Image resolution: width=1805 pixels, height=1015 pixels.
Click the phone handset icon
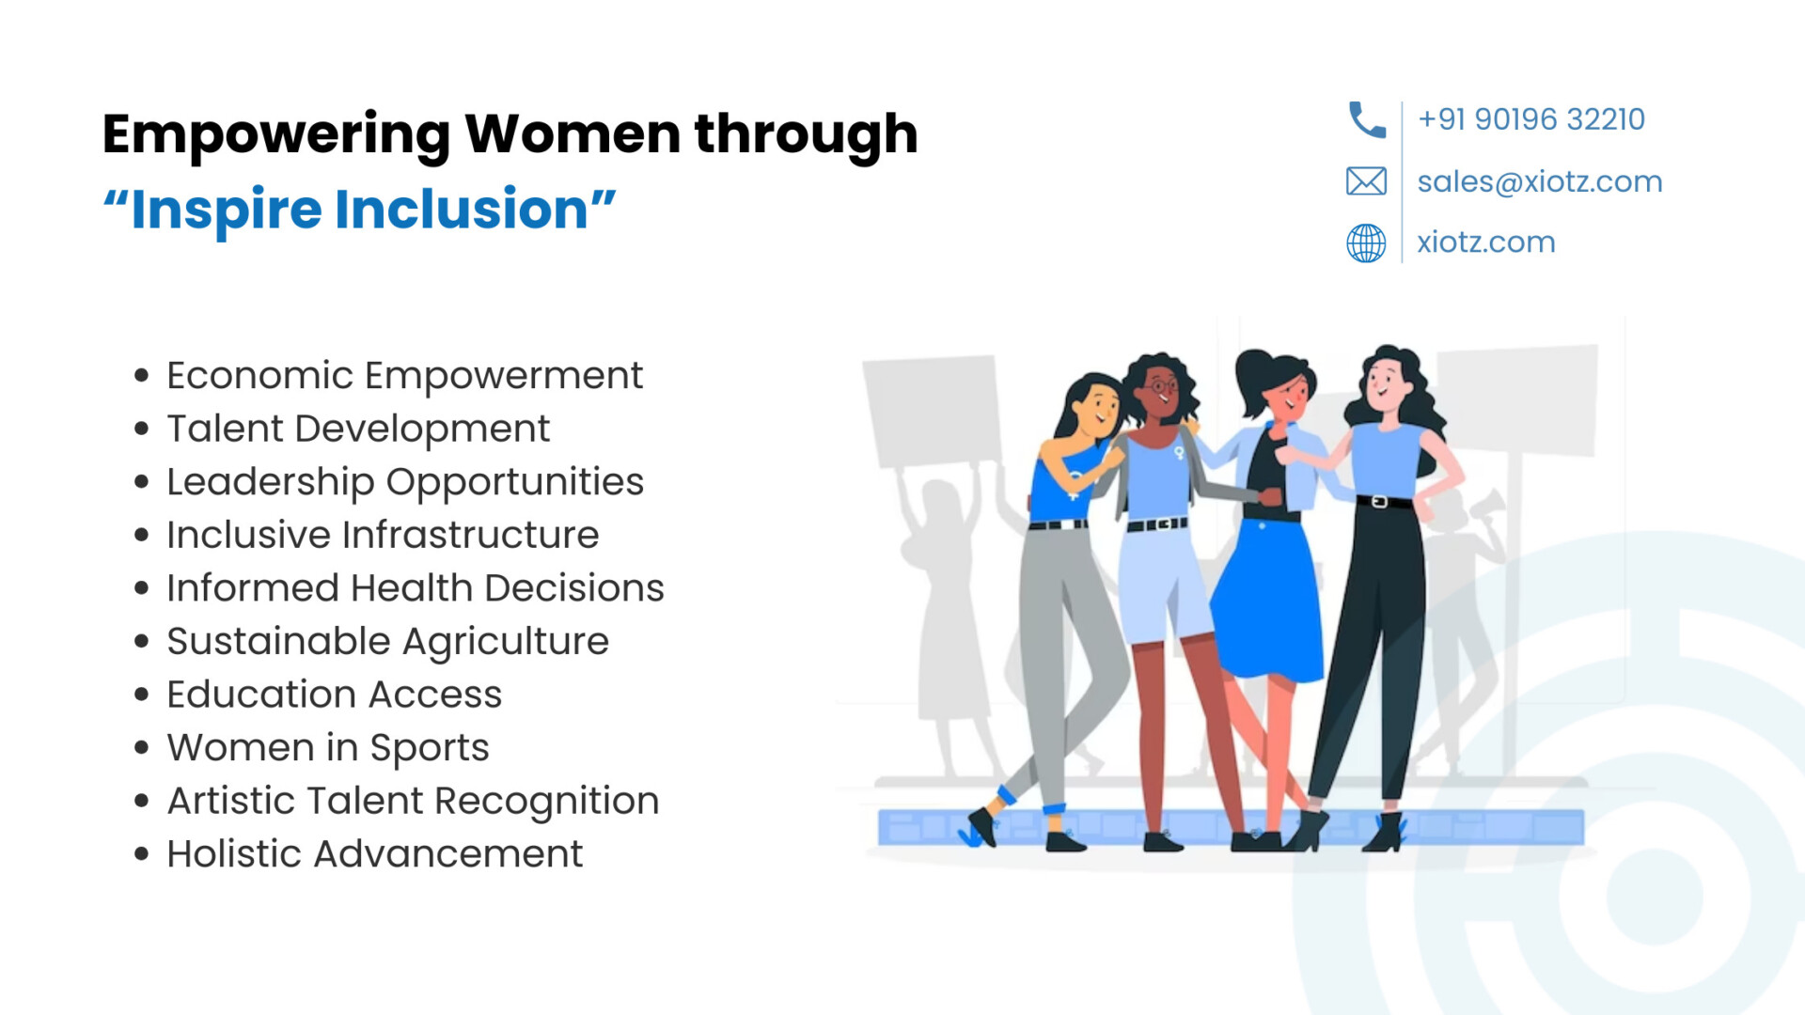(x=1366, y=119)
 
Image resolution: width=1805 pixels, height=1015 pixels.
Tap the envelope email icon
(x=1366, y=181)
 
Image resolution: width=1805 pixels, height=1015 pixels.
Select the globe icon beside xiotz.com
(x=1366, y=243)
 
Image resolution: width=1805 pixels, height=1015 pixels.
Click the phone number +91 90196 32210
(x=1531, y=119)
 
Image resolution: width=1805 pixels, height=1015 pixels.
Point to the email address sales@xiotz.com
(x=1540, y=181)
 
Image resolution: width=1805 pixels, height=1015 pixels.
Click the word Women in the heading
(x=573, y=133)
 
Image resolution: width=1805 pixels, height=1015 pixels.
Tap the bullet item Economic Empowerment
(x=404, y=376)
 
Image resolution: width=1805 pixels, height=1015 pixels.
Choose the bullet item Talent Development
(x=358, y=429)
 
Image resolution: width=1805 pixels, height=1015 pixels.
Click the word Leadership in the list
(x=271, y=482)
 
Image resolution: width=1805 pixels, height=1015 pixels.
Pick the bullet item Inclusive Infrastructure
(x=383, y=535)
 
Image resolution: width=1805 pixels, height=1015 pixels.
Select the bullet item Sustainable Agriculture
(x=387, y=642)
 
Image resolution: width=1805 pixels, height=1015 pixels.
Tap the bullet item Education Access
(x=334, y=695)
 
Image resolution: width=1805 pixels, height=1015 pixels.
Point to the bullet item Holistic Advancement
(x=374, y=854)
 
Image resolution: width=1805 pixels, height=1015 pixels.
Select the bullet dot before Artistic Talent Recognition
(x=142, y=802)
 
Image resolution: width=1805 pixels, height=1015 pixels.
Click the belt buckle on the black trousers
(x=1379, y=502)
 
